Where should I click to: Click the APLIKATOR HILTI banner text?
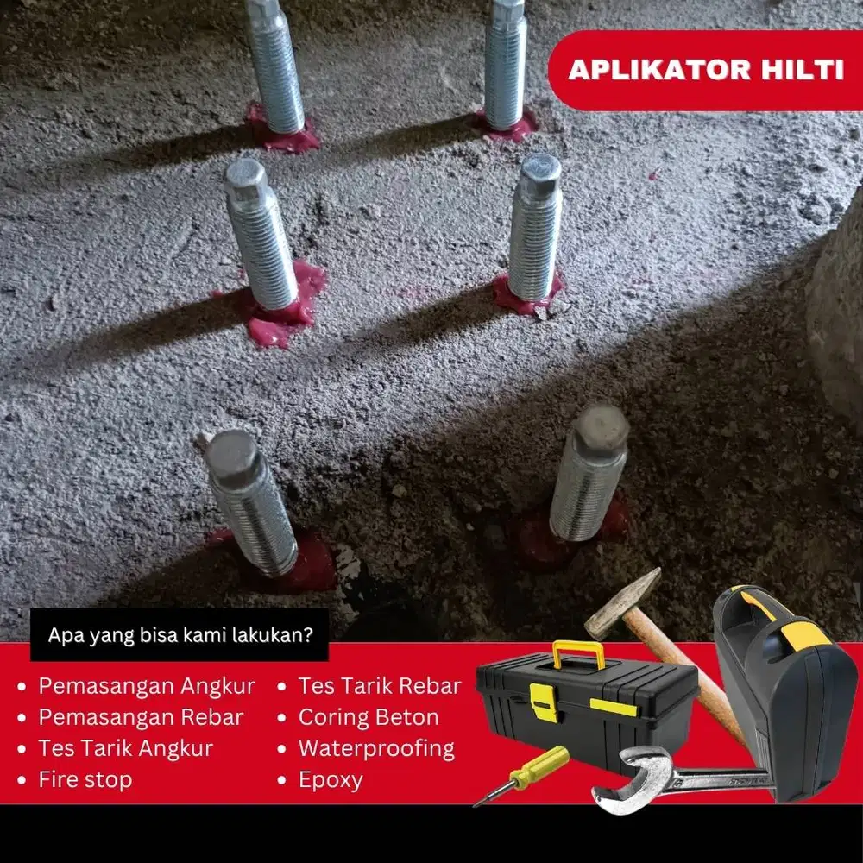[x=706, y=70]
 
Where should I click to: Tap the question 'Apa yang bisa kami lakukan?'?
[x=180, y=635]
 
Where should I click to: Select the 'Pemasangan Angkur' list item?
[x=147, y=686]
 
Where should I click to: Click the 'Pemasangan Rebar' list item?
[x=141, y=717]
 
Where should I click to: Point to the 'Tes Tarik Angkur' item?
[x=125, y=748]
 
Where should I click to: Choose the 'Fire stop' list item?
[x=85, y=779]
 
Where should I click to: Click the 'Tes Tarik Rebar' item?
[x=380, y=686]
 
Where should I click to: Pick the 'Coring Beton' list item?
[x=369, y=717]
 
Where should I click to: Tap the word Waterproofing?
[x=377, y=749]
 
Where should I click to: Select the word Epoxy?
[x=331, y=780]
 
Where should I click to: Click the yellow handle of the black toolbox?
[x=578, y=651]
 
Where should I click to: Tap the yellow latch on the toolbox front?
[x=544, y=702]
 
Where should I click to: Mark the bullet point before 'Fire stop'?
[x=22, y=780]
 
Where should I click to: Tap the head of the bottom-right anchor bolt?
[x=601, y=429]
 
